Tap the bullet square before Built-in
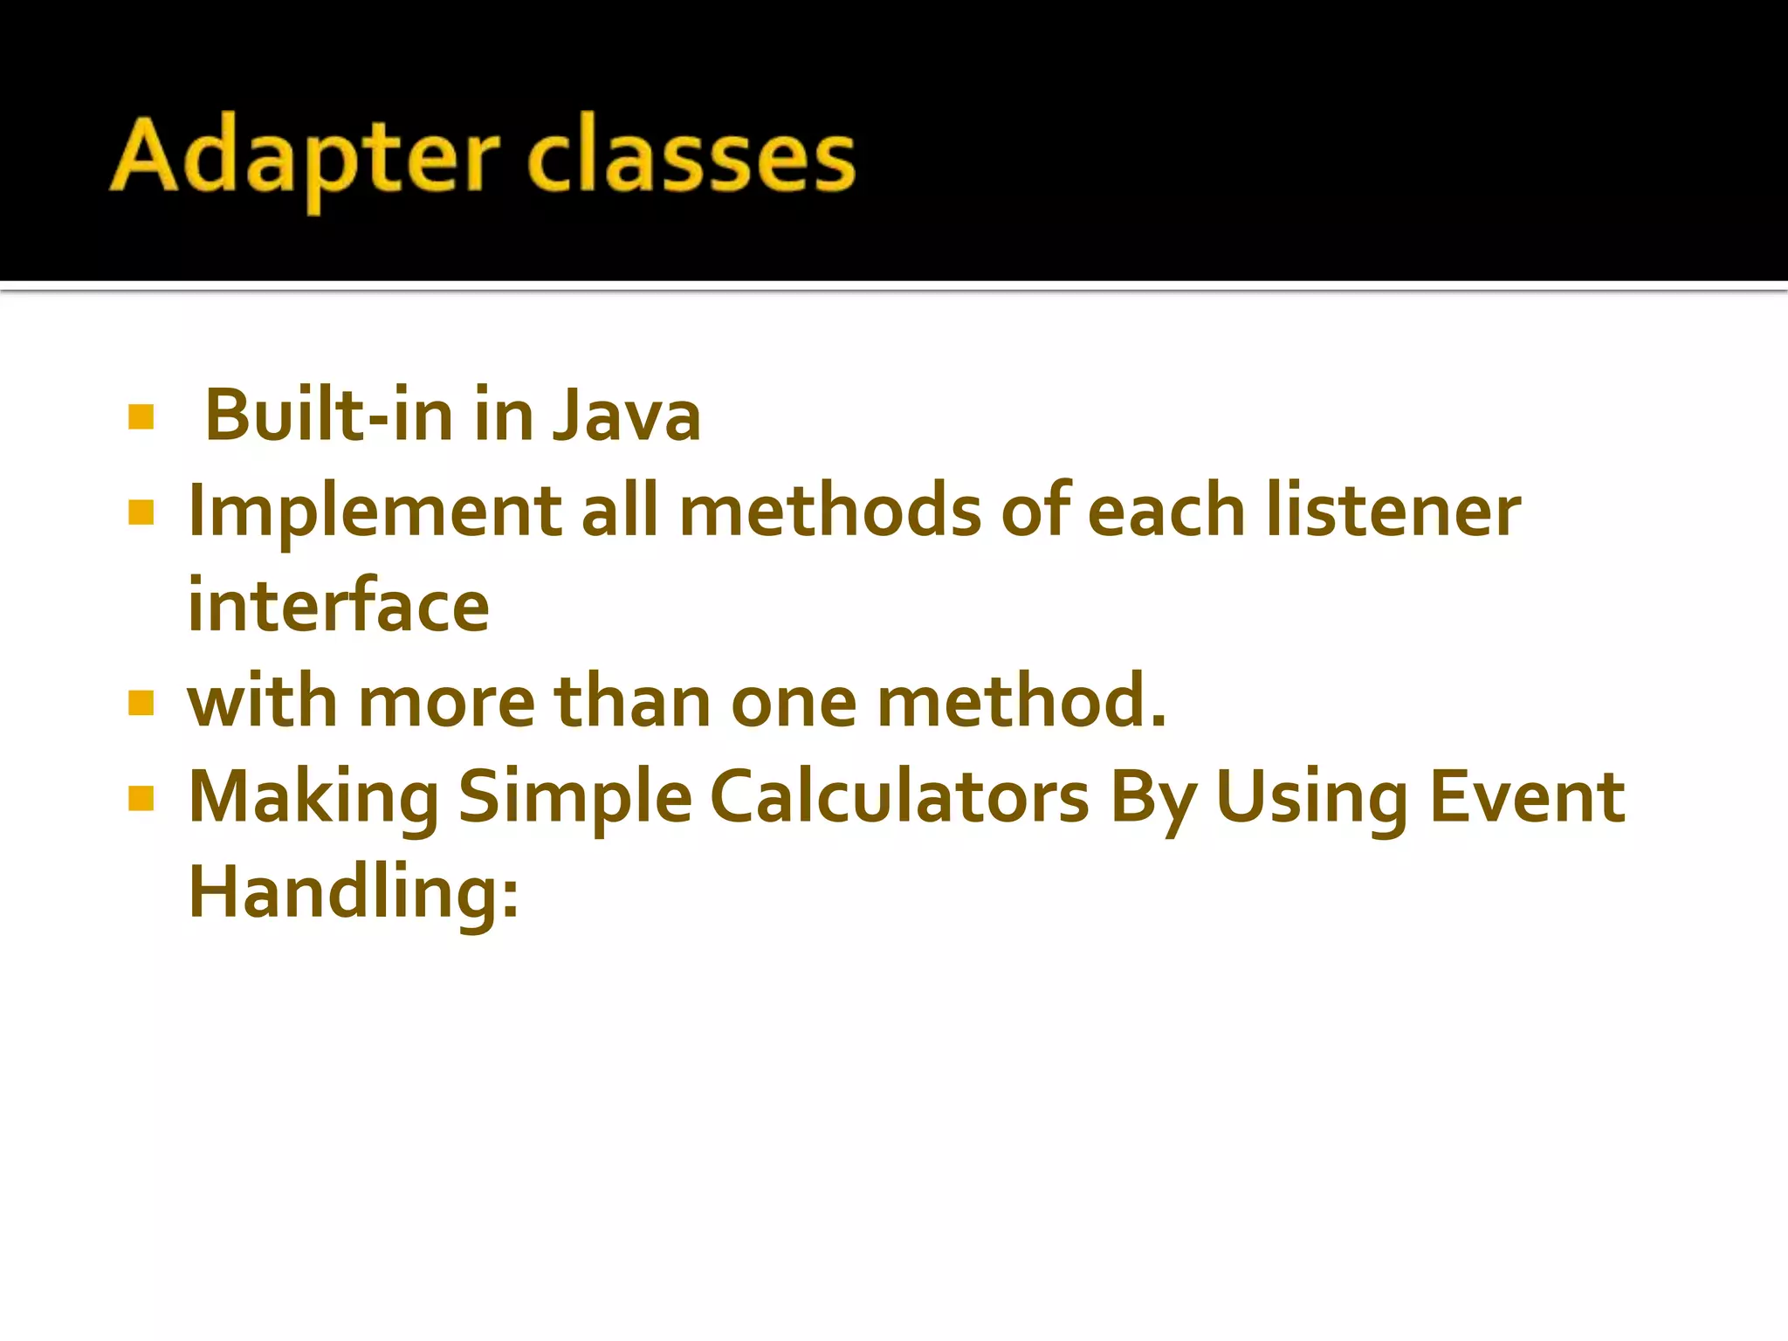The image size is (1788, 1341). click(x=141, y=416)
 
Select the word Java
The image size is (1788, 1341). click(x=627, y=415)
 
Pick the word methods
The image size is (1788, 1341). click(x=829, y=512)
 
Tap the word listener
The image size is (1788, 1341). click(x=1393, y=512)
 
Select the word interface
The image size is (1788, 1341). click(x=339, y=607)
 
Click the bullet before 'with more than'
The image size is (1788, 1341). click(x=141, y=702)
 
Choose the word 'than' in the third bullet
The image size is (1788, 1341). click(x=633, y=702)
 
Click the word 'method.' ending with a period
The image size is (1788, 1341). click(x=1021, y=702)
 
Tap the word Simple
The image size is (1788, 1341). click(x=574, y=797)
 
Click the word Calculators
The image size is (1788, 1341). click(x=899, y=797)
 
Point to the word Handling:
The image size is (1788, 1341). click(x=354, y=892)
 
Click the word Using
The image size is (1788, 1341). click(x=1311, y=797)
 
